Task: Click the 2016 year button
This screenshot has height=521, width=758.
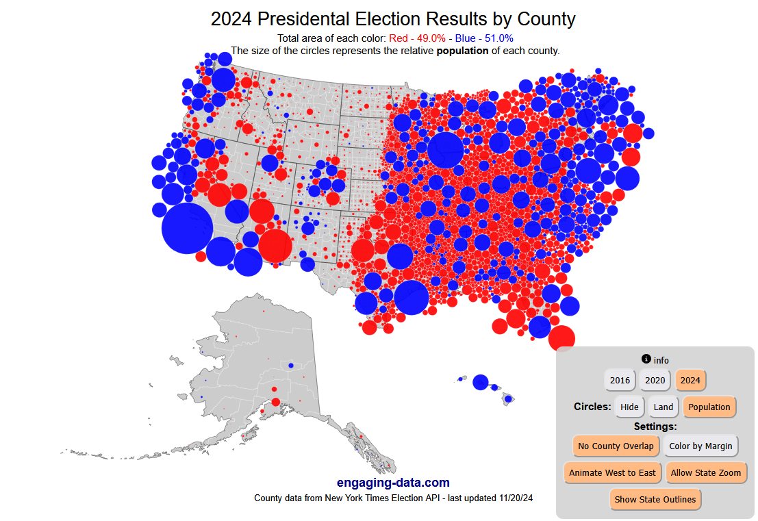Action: (620, 380)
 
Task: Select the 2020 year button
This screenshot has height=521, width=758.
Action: (655, 380)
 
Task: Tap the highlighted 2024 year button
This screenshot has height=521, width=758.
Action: (690, 380)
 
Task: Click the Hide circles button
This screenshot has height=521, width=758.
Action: (629, 407)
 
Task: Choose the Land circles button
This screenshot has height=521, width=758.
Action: (663, 407)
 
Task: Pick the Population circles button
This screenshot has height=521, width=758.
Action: (709, 407)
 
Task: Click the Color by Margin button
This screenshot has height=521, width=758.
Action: (700, 446)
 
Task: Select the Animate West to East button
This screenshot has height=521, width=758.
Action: (612, 472)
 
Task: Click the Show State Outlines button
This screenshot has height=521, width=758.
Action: (655, 499)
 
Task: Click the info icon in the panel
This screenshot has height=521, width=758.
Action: (646, 359)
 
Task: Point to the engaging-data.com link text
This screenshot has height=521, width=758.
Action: (393, 483)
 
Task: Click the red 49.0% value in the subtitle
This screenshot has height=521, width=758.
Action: (429, 38)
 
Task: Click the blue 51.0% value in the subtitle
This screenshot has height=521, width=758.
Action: (498, 38)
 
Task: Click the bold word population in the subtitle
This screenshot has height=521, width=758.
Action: (463, 50)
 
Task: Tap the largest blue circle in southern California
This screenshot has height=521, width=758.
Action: (187, 228)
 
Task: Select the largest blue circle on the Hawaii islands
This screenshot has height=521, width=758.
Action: (481, 382)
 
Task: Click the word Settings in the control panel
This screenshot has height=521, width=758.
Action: (655, 426)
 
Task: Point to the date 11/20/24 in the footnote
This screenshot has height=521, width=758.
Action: (513, 498)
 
